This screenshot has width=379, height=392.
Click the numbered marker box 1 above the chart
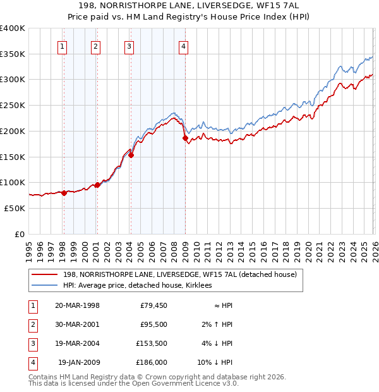click(x=63, y=46)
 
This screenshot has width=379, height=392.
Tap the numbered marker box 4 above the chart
click(x=183, y=46)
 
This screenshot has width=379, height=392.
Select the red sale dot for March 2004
click(x=131, y=155)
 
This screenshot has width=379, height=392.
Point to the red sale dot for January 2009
click(x=185, y=138)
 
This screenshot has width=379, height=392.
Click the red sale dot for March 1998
click(x=64, y=193)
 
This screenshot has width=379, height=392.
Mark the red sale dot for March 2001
click(x=97, y=185)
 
